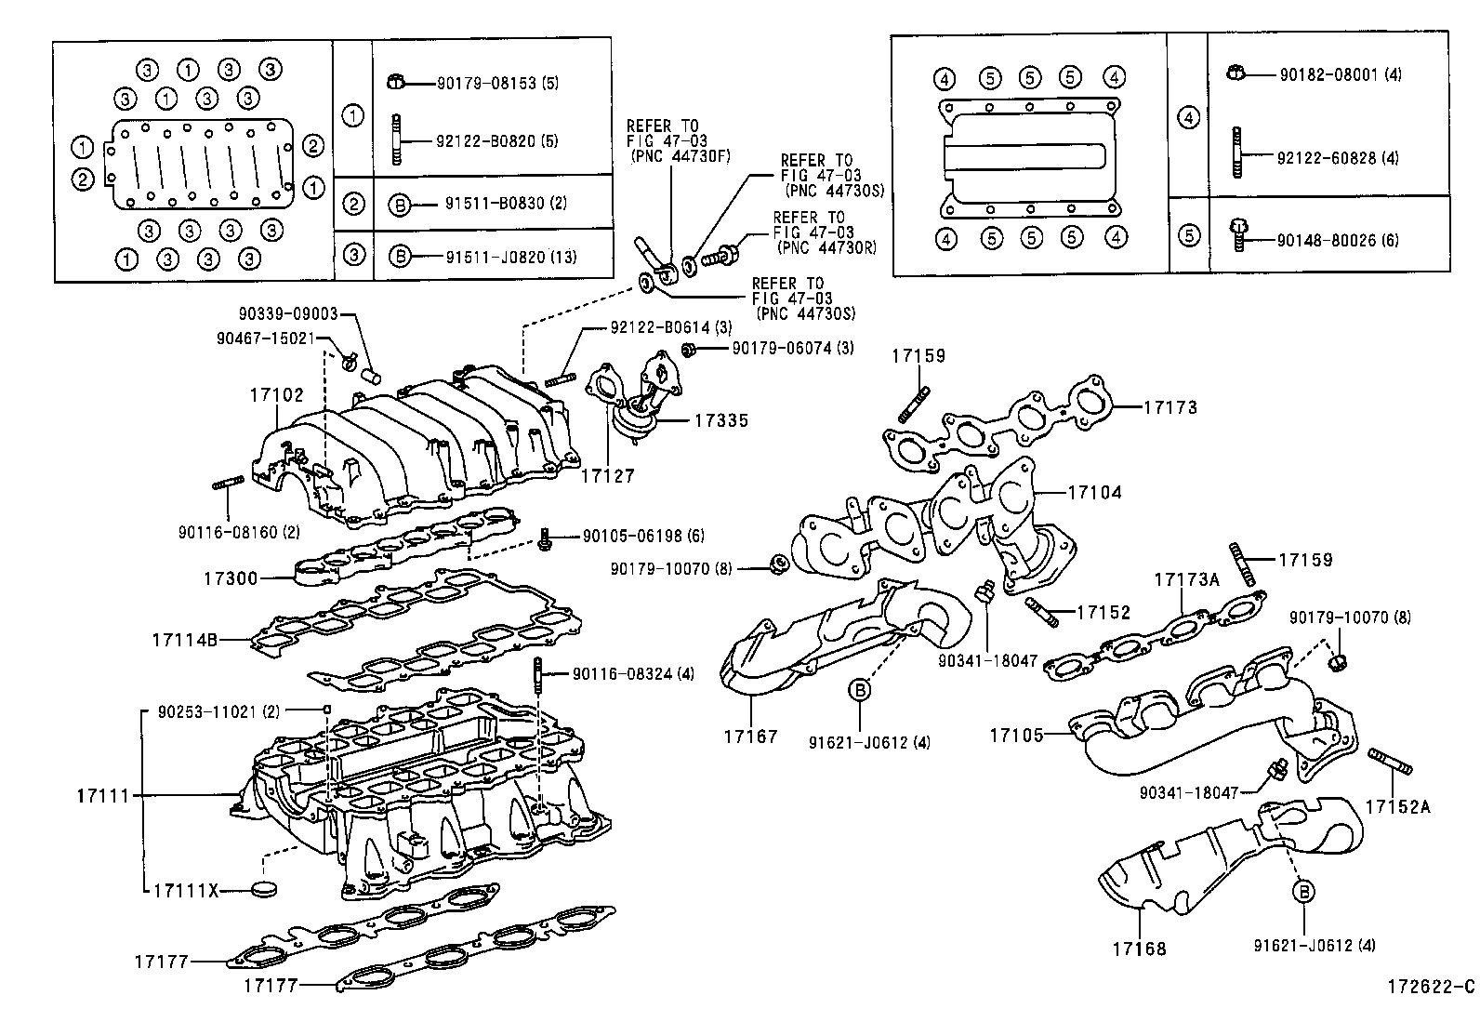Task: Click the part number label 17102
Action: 276,394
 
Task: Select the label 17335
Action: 720,421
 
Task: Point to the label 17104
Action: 1094,493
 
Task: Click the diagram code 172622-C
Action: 1430,986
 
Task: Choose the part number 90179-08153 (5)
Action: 497,83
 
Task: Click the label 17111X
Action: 185,890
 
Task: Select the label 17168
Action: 1139,949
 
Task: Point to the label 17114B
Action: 185,640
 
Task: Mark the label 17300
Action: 231,578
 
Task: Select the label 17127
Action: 608,476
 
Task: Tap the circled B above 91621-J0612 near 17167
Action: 859,689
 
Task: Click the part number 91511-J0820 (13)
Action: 510,256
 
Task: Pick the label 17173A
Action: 1186,579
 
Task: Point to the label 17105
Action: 1016,735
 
